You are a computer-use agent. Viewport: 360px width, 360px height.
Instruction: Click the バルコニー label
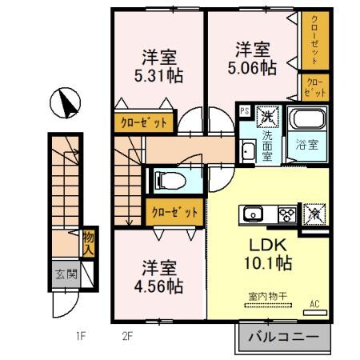[282, 337]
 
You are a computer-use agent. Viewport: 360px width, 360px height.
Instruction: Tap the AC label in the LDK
[314, 304]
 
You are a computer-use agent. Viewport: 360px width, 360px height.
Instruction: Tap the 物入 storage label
[88, 240]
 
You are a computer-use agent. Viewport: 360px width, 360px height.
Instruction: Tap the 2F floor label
[126, 337]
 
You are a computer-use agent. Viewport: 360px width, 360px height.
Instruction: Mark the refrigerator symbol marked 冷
[314, 214]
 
